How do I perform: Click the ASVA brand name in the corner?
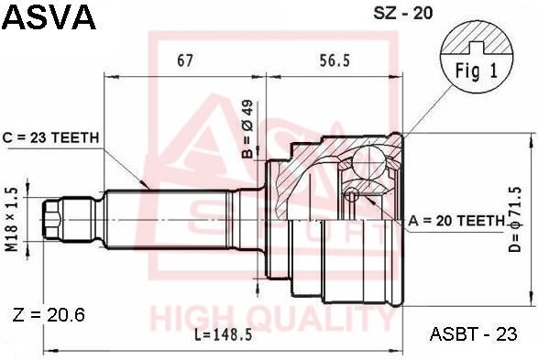point(49,16)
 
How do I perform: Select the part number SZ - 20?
point(403,13)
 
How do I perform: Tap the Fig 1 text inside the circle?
point(477,71)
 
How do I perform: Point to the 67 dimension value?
point(185,60)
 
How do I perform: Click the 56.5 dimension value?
point(335,60)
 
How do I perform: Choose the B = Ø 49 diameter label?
point(247,129)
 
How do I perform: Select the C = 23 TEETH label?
point(50,137)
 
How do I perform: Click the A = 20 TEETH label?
point(456,221)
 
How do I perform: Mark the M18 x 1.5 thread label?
point(13,220)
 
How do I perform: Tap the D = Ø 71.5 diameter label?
point(515,220)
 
